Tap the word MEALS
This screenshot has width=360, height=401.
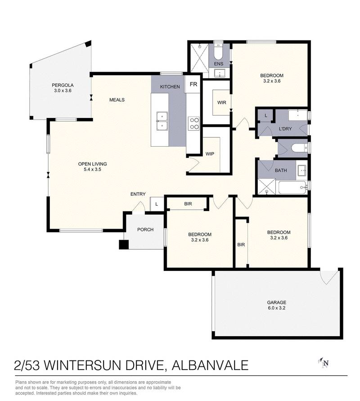coord(117,100)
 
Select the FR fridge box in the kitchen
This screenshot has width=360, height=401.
coord(193,85)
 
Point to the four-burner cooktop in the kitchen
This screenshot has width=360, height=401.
coord(194,123)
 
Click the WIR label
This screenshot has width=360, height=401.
coord(221,103)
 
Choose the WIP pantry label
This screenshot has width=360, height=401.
coord(210,153)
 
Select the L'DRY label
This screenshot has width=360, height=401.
coord(285,129)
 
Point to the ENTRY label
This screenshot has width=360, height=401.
coord(138,194)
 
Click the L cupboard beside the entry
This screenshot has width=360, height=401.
coord(156,204)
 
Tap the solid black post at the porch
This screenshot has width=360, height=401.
coord(123,244)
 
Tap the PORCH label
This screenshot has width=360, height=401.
coord(145,230)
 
